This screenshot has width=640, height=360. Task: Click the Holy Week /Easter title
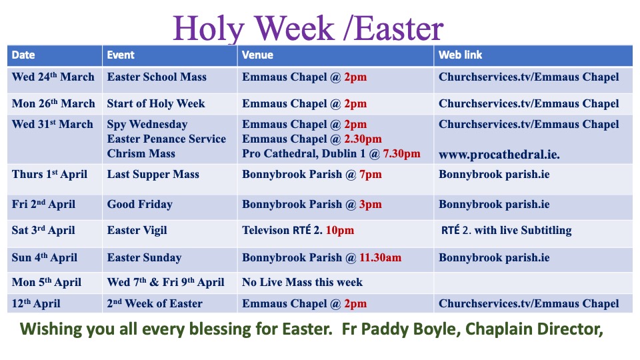click(x=308, y=28)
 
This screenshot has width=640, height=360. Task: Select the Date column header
click(x=23, y=55)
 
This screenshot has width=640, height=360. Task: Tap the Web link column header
click(x=461, y=55)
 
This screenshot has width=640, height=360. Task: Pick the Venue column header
click(x=257, y=55)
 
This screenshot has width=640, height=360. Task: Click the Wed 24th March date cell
click(x=53, y=77)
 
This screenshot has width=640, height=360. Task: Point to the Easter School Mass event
click(x=157, y=77)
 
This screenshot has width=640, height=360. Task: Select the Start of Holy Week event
click(x=156, y=104)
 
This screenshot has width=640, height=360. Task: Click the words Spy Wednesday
click(x=147, y=125)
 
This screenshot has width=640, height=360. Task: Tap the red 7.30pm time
click(x=401, y=153)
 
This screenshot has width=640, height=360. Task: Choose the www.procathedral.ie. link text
click(x=499, y=155)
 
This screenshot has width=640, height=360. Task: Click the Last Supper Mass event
click(x=153, y=174)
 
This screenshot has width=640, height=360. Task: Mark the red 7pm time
click(x=371, y=175)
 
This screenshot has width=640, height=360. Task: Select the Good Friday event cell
click(x=139, y=204)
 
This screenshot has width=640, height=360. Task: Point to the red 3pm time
click(x=371, y=205)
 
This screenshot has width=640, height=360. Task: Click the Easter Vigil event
click(x=137, y=230)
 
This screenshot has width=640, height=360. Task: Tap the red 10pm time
click(x=340, y=231)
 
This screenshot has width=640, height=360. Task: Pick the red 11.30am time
click(x=381, y=257)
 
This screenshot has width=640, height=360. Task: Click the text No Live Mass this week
click(x=302, y=282)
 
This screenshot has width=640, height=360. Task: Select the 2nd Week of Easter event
click(x=155, y=304)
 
